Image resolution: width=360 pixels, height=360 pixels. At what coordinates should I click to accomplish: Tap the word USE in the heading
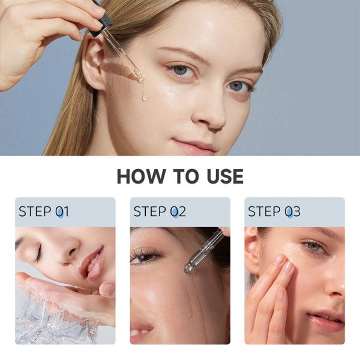point(221,176)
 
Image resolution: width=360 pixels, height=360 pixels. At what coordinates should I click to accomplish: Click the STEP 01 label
point(44,212)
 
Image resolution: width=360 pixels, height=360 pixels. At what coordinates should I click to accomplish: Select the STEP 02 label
point(160,212)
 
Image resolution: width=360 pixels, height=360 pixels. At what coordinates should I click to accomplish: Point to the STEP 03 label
point(274,212)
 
